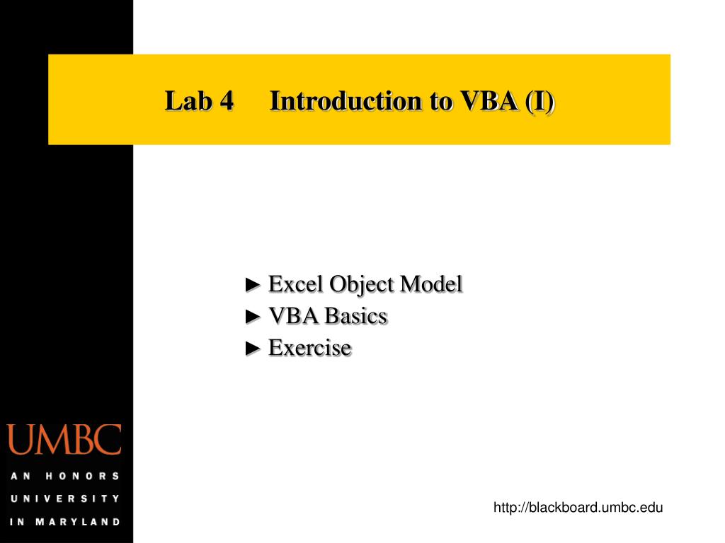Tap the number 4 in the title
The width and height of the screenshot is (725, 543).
[226, 101]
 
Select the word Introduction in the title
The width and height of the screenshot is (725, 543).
[346, 101]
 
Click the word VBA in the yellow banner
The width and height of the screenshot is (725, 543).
[490, 101]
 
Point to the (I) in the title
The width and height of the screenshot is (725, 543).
[540, 101]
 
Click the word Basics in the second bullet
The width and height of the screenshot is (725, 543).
[355, 316]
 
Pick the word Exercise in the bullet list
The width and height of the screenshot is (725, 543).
[309, 348]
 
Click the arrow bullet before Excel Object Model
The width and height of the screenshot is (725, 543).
[253, 285]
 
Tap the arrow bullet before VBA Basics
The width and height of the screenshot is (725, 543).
[253, 317]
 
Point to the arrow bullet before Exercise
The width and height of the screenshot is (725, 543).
[253, 349]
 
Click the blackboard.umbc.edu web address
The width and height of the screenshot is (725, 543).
[578, 506]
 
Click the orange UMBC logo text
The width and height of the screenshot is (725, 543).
[64, 440]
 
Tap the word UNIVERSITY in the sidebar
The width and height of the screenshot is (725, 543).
[64, 498]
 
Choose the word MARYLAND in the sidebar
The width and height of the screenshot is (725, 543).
[78, 522]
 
